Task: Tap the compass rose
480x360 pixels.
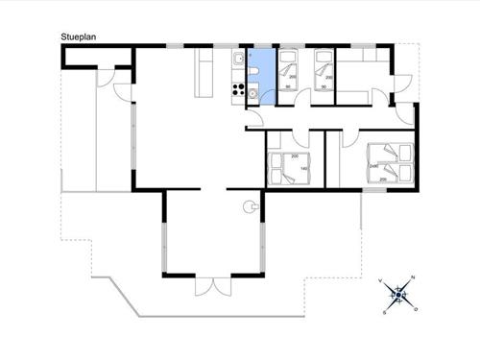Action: point(398,294)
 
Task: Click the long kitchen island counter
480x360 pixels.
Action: point(204,73)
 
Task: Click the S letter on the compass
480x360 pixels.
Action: point(385,311)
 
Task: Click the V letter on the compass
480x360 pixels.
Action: point(383,282)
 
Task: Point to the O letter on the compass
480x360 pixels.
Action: point(415,309)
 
